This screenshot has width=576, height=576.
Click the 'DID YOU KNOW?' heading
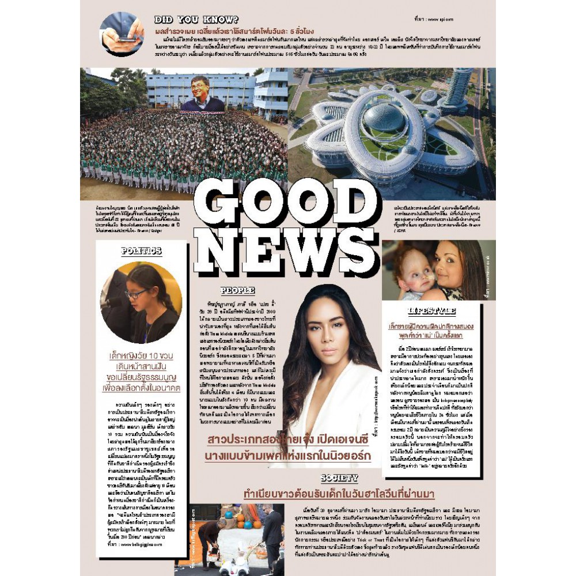pos(196,19)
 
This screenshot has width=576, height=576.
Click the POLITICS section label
pos(141,251)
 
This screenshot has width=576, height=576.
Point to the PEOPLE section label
pos(237,291)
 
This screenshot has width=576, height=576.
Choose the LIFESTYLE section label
pos(432,312)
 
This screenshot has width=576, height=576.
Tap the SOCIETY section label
pos(339,479)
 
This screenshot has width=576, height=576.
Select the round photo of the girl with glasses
pos(141,302)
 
